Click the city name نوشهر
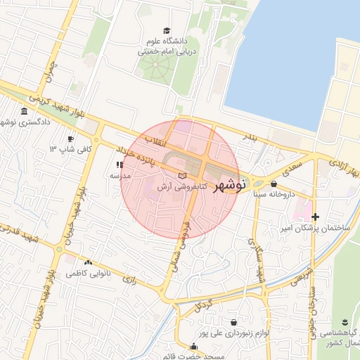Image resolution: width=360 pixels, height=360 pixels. (x=227, y=186)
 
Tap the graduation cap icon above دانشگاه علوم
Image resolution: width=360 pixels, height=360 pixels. (x=167, y=30)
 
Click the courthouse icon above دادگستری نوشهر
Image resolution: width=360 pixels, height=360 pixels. (x=25, y=112)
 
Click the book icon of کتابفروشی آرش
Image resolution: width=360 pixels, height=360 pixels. (x=183, y=174)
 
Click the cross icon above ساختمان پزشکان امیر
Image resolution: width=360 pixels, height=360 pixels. (x=315, y=217)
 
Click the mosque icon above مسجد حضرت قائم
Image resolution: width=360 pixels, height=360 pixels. (x=194, y=345)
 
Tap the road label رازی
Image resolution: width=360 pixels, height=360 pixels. (x=129, y=279)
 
